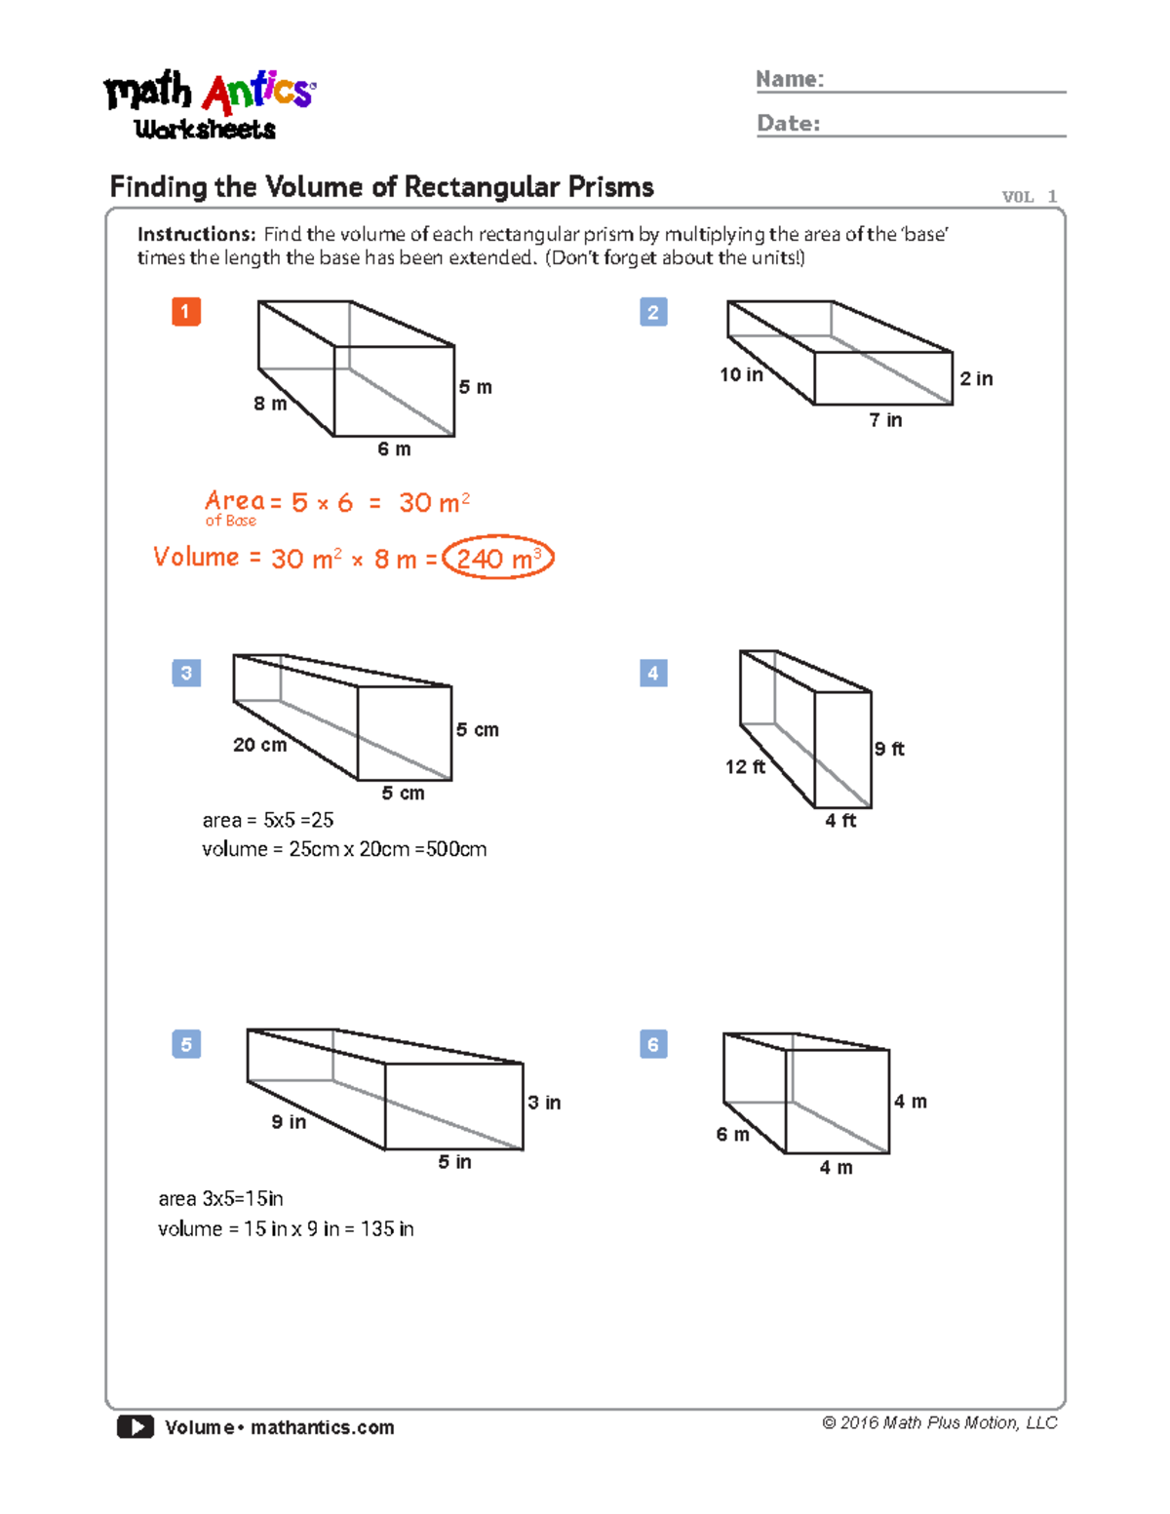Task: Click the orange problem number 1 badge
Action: [186, 312]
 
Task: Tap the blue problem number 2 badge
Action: [653, 312]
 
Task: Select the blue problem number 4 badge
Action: [653, 673]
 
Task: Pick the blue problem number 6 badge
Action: [653, 1044]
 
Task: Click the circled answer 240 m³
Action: [497, 559]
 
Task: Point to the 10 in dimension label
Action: [741, 374]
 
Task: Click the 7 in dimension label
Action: [885, 420]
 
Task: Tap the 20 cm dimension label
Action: [259, 745]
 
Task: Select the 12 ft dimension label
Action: [745, 767]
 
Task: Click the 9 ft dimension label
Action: [889, 749]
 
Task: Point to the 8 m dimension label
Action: [270, 404]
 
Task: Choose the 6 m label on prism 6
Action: [732, 1135]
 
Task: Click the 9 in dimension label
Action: [289, 1122]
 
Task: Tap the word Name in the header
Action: [790, 79]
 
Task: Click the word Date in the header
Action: [788, 124]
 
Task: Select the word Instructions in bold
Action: [195, 234]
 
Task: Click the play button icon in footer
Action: [136, 1427]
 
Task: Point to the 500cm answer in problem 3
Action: [456, 849]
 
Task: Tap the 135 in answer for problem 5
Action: [387, 1229]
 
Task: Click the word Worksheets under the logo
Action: [205, 130]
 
